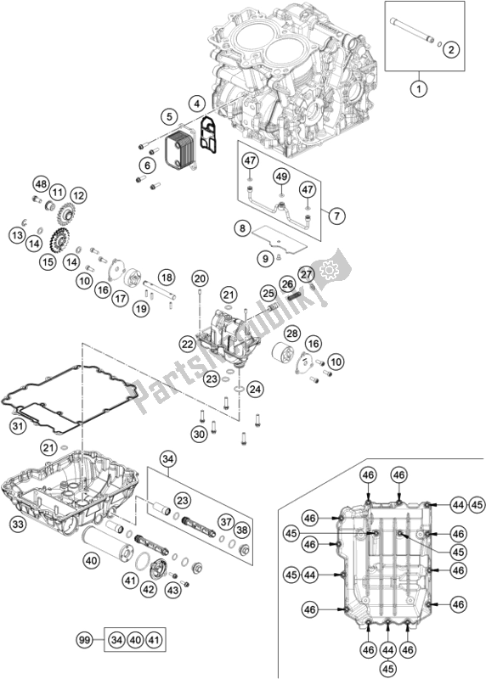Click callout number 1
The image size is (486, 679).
[x=419, y=89]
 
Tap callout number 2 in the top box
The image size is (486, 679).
[x=451, y=49]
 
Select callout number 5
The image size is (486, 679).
[x=169, y=116]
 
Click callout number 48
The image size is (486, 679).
[x=41, y=185]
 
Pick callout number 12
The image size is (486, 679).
[x=78, y=196]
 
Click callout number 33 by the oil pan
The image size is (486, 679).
[x=18, y=525]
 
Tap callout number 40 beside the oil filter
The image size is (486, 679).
[x=91, y=561]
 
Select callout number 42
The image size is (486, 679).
[x=149, y=589]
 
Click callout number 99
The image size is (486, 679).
[x=85, y=640]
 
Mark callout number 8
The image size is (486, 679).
[x=242, y=227]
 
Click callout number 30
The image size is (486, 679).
[x=200, y=434]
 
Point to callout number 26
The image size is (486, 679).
[x=287, y=283]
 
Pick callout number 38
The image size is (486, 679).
[x=242, y=530]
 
